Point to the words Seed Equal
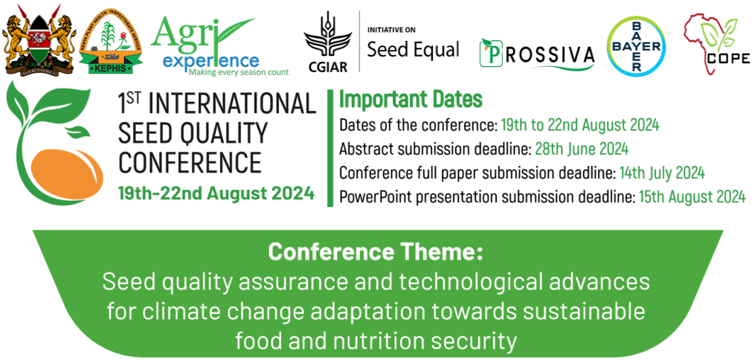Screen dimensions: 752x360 (x=413, y=49)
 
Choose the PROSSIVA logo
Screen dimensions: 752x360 (x=537, y=54)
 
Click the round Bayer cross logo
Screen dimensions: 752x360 (x=637, y=47)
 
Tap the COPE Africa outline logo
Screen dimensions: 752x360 (x=716, y=44)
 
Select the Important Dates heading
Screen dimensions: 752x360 (x=411, y=99)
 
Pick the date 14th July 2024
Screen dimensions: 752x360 (x=662, y=173)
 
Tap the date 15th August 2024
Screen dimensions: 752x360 (x=692, y=196)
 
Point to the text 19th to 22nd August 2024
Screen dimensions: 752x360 (x=580, y=126)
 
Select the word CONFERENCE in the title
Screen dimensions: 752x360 (x=190, y=162)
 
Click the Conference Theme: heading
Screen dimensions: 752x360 (x=376, y=252)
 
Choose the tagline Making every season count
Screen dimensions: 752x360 (x=238, y=72)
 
